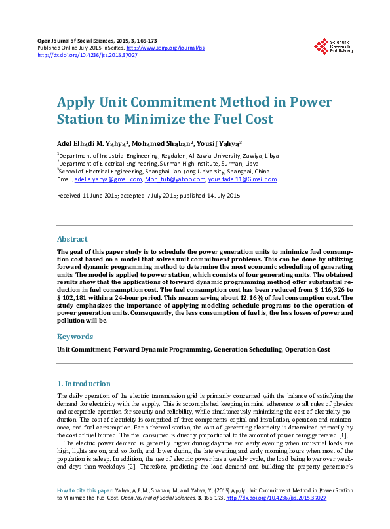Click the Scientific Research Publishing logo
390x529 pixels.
tap(333, 46)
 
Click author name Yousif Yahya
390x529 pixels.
tap(219, 143)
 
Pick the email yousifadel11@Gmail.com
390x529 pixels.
tap(242, 179)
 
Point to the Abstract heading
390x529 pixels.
tap(72, 239)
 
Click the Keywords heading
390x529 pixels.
tap(75, 336)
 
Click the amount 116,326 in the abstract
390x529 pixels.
tap(334, 289)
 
